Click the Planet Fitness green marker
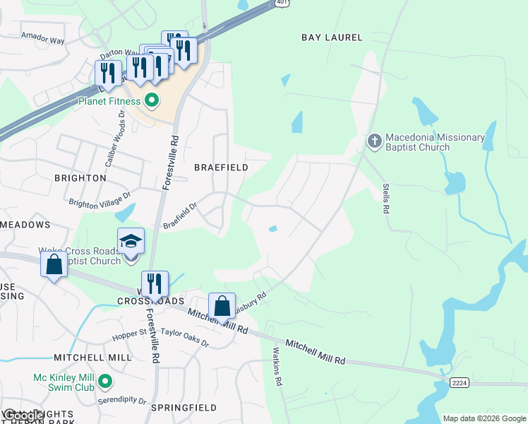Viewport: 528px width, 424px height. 151,101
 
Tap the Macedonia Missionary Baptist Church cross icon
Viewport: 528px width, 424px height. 375,142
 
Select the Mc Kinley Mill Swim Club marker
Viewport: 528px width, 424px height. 105,382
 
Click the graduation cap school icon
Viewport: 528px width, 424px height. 131,242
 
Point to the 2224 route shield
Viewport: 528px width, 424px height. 459,382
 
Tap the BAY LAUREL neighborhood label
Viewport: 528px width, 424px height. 332,37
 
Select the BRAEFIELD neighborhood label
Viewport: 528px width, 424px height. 221,167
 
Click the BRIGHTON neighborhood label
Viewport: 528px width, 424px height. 80,178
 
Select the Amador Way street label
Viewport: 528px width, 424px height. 43,39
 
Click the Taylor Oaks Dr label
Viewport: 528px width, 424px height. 184,338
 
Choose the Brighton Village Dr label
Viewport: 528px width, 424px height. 100,199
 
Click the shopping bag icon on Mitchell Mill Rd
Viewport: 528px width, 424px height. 222,306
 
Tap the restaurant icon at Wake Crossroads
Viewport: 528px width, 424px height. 155,284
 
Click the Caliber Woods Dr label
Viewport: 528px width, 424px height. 114,143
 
